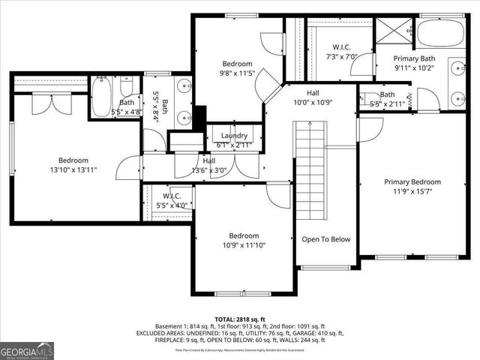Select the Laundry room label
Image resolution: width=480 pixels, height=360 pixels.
233,140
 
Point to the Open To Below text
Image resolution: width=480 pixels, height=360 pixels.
325,240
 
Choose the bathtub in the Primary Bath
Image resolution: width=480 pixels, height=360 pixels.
440,33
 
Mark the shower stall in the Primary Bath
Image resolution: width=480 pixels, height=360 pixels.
391,33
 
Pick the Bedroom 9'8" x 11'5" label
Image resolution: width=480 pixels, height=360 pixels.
236,68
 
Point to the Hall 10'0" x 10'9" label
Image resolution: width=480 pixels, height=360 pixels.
313,97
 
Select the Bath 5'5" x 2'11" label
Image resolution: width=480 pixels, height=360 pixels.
387,99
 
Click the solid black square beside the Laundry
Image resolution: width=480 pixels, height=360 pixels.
199,118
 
